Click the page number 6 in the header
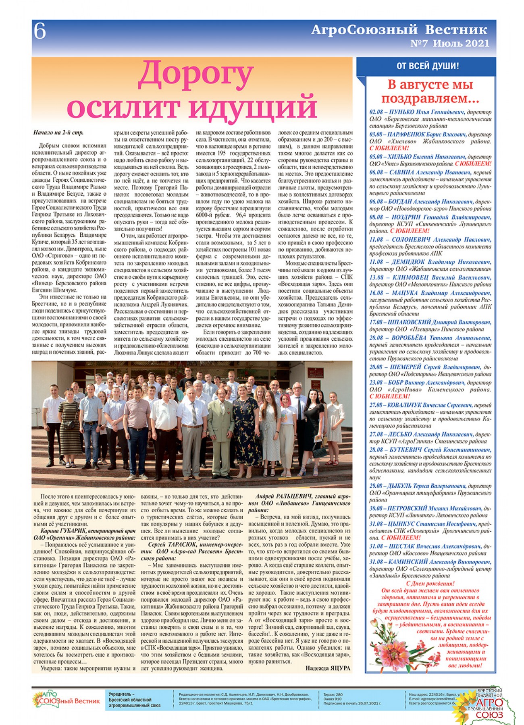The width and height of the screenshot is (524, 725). tap(40, 31)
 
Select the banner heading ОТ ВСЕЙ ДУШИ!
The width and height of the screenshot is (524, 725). tap(427, 66)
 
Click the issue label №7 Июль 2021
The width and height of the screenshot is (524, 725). tap(449, 43)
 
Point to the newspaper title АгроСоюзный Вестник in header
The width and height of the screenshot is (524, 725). tap(399, 29)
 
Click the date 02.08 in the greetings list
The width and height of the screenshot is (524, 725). tap(376, 112)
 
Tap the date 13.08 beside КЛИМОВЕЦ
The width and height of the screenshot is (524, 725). tap(376, 278)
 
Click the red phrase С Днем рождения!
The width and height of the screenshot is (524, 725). tap(430, 583)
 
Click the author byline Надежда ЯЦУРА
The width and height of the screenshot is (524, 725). tap(328, 668)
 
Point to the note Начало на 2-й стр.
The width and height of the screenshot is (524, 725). tap(58, 133)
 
